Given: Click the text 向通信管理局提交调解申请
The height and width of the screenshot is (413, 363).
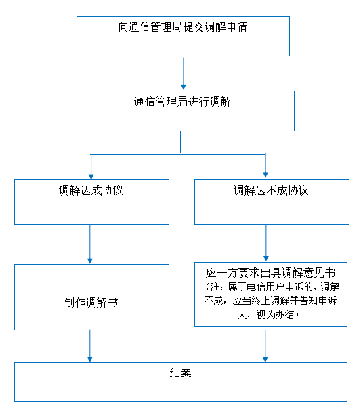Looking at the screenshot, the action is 183,27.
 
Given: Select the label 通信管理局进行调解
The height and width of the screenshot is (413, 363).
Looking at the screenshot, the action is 183,102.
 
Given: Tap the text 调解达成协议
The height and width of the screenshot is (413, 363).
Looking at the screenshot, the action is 91,190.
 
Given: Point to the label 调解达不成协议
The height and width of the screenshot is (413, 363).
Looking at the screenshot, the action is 272,190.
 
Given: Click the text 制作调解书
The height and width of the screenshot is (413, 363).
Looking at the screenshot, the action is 91,303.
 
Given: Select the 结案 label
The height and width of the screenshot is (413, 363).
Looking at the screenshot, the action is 180,373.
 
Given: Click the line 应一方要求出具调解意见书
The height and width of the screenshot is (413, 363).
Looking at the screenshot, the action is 271,273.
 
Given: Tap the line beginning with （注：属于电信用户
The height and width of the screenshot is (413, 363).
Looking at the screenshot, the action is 272,287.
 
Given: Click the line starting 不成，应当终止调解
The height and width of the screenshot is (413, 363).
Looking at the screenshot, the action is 270,301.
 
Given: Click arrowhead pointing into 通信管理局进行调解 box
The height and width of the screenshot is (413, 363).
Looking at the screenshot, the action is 184,87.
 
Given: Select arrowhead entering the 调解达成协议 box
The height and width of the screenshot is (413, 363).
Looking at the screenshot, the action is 91,176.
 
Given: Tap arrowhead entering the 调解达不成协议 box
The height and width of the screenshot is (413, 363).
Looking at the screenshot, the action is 265,175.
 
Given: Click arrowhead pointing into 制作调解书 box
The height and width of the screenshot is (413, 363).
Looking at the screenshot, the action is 90,261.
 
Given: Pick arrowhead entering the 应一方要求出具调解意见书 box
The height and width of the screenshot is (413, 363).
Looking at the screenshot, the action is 266,259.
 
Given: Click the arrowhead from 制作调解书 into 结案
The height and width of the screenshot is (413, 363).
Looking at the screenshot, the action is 90,360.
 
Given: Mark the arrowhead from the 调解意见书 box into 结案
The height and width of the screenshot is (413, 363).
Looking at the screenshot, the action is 265,360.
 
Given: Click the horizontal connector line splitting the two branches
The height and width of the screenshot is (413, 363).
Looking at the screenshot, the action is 178,154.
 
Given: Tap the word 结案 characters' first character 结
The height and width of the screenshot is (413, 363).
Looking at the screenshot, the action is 175,373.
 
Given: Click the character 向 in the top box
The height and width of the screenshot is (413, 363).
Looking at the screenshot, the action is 123,27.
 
